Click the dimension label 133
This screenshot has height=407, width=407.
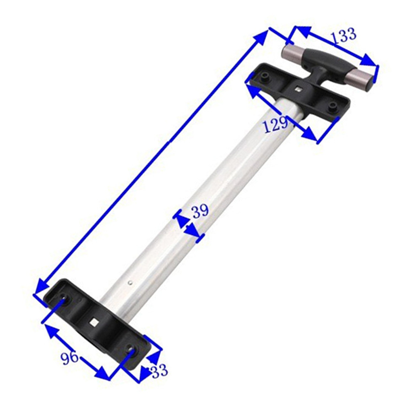tap(343, 36)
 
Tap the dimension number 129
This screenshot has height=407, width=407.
tap(276, 124)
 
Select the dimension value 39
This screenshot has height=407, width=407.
tap(200, 211)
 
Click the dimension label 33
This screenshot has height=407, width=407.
tap(159, 371)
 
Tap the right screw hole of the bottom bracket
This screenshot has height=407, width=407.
tap(132, 351)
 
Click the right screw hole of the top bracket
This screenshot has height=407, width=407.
tap(332, 106)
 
